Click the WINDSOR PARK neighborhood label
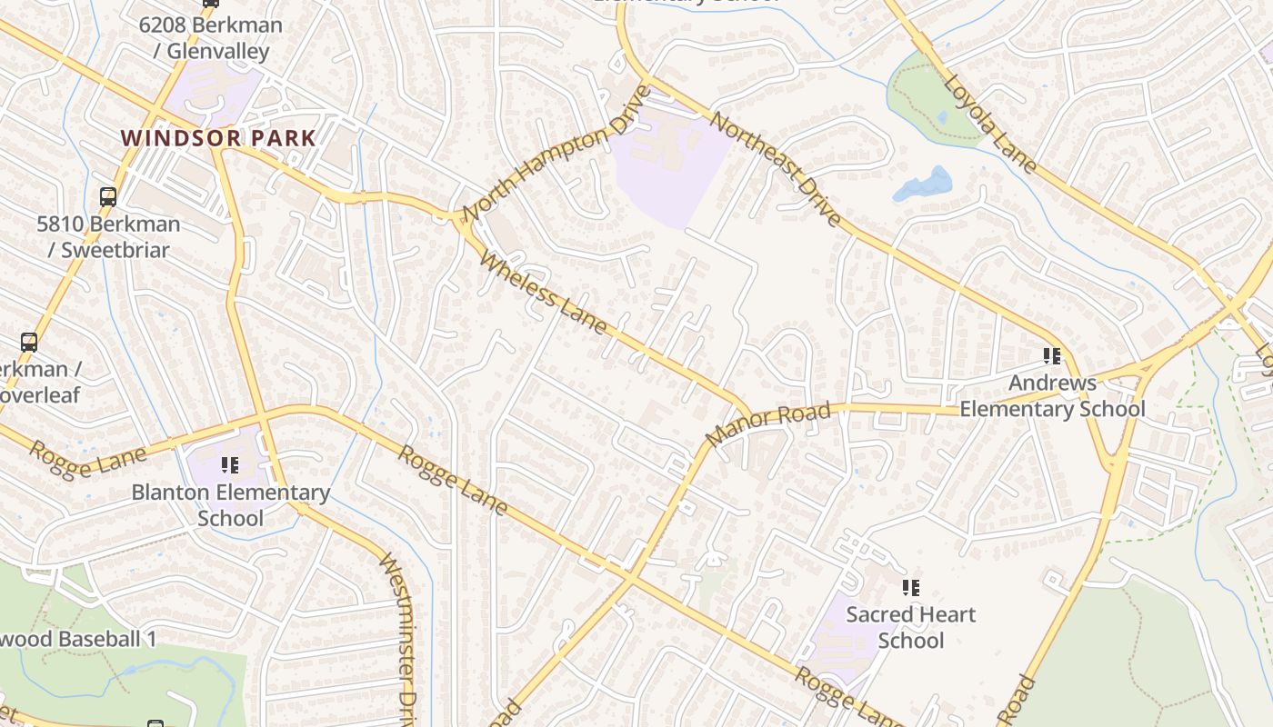point(218,139)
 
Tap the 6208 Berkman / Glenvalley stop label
point(210,38)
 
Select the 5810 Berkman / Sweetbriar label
point(108,236)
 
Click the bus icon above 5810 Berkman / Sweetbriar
point(108,196)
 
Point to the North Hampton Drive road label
point(556,154)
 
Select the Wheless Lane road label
point(543,294)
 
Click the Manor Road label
point(767,425)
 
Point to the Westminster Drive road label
point(397,636)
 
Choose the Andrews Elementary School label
point(1052,395)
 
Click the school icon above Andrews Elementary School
point(1052,355)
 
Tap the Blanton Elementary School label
point(230,505)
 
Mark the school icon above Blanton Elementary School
point(230,465)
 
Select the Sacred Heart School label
point(910,627)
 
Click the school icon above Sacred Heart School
point(910,588)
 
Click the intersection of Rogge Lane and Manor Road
point(629,574)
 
